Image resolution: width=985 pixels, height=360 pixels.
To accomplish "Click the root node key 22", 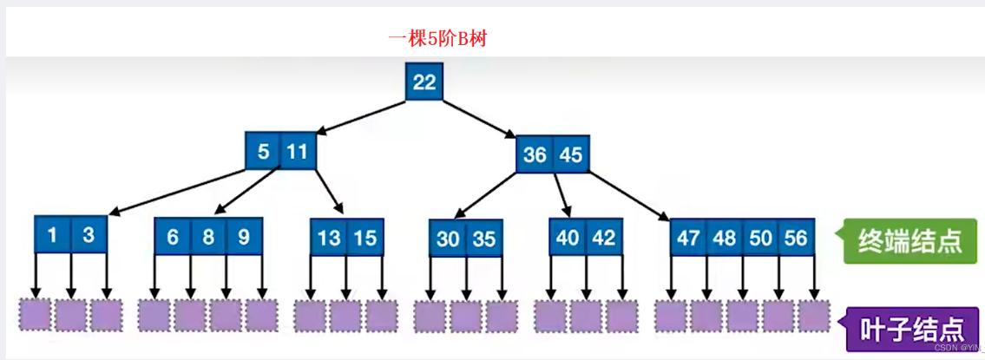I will pos(424,82).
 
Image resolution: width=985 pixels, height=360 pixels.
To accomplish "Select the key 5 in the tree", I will pos(263,153).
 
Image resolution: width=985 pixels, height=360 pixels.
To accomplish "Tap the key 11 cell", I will pos(298,153).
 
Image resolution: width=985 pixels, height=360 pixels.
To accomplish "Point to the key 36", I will pos(535,156).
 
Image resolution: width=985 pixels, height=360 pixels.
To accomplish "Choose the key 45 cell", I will pos(571,156).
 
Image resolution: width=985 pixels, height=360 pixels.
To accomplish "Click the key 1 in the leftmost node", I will pos(52,235).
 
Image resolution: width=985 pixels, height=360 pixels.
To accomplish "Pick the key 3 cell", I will pos(88,235).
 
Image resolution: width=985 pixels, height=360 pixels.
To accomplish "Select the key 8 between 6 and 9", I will pos(209,236).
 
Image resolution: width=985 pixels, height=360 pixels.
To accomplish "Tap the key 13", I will pos(329,238).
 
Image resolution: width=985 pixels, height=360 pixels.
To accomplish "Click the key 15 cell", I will pos(365,238).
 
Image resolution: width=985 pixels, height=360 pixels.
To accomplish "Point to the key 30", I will pos(448,239).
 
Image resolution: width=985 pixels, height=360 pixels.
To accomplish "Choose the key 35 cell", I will pos(484,239).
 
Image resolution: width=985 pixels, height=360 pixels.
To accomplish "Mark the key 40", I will pos(568,237).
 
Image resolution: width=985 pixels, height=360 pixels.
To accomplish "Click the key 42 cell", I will pos(604,237).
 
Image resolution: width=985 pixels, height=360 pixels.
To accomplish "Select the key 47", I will pos(688,238).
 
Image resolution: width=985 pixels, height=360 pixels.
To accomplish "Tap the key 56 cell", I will pos(797,238).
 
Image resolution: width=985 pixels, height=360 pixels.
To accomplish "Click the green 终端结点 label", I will pos(909,241).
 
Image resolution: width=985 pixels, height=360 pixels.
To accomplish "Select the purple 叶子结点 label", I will pos(911,329).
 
